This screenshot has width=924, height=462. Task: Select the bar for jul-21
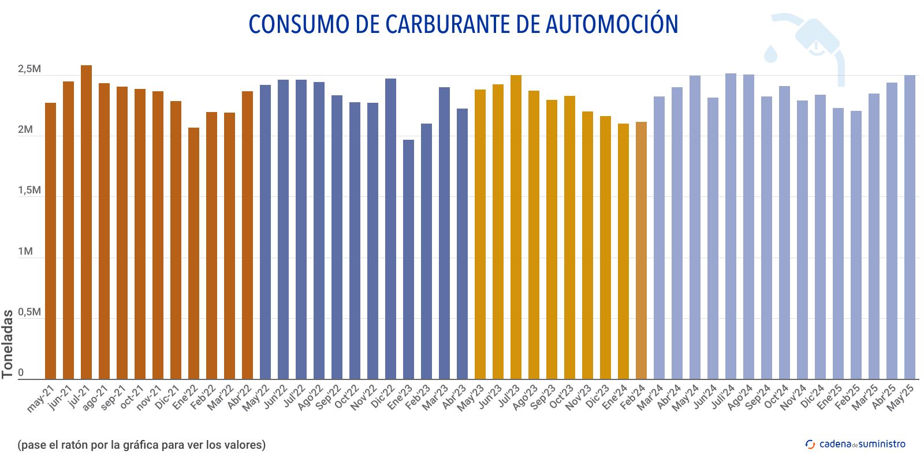pos(86,222)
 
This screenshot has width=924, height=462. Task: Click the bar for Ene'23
pos(408,260)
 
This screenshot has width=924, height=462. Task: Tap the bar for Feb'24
pos(641,251)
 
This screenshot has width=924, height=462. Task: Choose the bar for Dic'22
pos(390,229)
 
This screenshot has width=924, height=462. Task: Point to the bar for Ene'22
pos(193,254)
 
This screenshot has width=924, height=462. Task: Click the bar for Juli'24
pos(731,226)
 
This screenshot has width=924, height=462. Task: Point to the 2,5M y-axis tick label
pos(29,69)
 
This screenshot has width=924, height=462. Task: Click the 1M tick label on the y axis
pos(25,252)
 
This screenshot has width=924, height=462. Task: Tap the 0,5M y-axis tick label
pos(29,312)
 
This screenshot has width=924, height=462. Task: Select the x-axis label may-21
pos(40,398)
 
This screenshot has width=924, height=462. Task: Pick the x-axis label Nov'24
pos(793,398)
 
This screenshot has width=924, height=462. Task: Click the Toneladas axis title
pos(8,344)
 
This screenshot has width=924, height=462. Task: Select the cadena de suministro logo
pos(855,444)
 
